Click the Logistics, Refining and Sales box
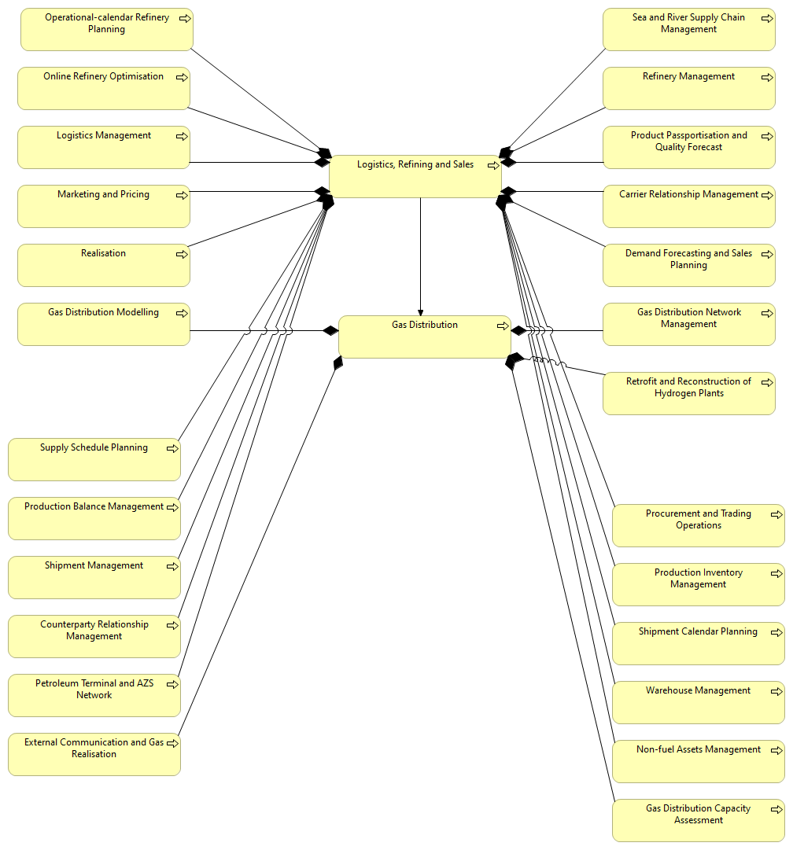[x=415, y=177]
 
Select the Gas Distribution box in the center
[x=424, y=337]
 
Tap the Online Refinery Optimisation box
[x=103, y=88]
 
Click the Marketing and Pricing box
[x=103, y=206]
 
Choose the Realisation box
[x=103, y=265]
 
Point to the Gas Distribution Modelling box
[x=103, y=324]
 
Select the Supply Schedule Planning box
[x=94, y=459]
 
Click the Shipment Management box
[x=94, y=577]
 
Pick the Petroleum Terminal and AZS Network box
[x=94, y=695]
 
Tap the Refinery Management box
[x=688, y=88]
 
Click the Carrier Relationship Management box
[x=688, y=206]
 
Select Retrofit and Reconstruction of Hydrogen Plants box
[x=688, y=393]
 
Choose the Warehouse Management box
[x=698, y=702]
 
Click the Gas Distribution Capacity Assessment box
[x=698, y=820]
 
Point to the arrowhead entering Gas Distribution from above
[x=421, y=311]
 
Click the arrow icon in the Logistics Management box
[x=182, y=136]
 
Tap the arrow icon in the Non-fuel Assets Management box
[x=776, y=750]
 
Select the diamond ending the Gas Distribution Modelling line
[x=330, y=330]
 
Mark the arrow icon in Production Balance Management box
[x=172, y=507]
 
